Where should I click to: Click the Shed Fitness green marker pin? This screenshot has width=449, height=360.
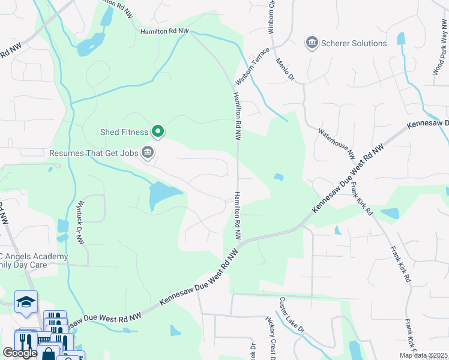[158, 130]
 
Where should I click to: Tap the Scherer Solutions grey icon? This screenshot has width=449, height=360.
[312, 43]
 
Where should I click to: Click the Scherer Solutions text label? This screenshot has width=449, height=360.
[354, 43]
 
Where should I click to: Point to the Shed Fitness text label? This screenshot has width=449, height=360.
[124, 131]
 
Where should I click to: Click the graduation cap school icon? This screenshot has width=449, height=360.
[26, 301]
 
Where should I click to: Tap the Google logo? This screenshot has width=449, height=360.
[19, 352]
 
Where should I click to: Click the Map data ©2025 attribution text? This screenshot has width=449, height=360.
[424, 355]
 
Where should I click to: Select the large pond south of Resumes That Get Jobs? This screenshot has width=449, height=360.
[161, 195]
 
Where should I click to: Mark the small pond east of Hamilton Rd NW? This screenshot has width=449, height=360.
[279, 177]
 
